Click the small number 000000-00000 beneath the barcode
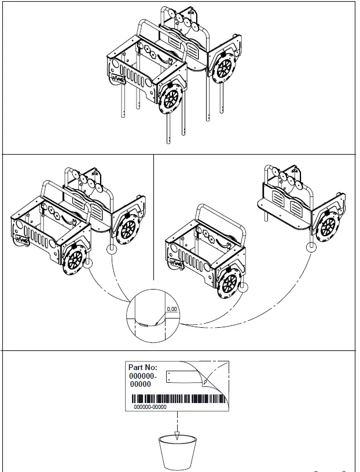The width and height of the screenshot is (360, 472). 150,407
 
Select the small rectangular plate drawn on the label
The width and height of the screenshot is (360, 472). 182,377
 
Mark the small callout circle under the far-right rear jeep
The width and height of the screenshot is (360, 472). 312,247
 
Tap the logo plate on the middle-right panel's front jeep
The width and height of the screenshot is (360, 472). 178,264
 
